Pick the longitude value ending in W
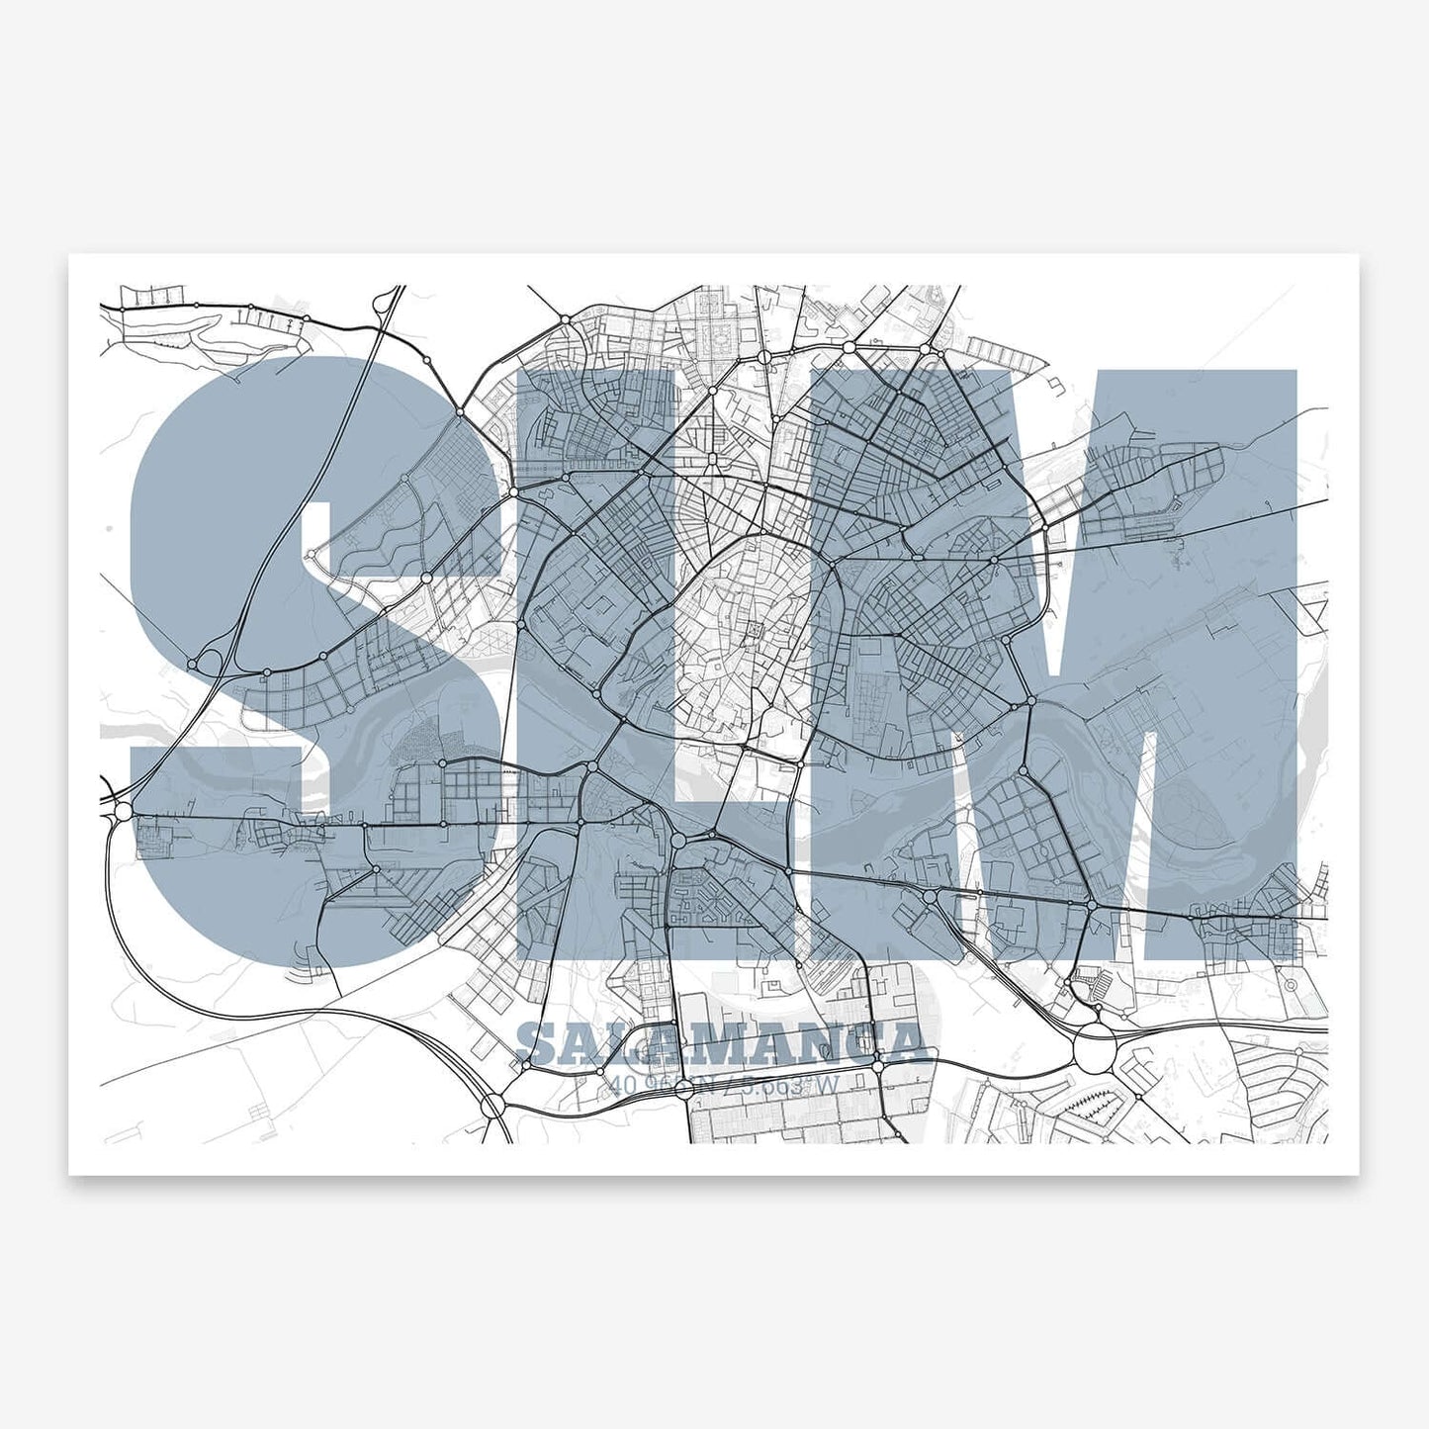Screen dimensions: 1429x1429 (791, 1085)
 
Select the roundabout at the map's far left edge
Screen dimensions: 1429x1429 (123, 811)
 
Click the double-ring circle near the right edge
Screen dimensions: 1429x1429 (1290, 985)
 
